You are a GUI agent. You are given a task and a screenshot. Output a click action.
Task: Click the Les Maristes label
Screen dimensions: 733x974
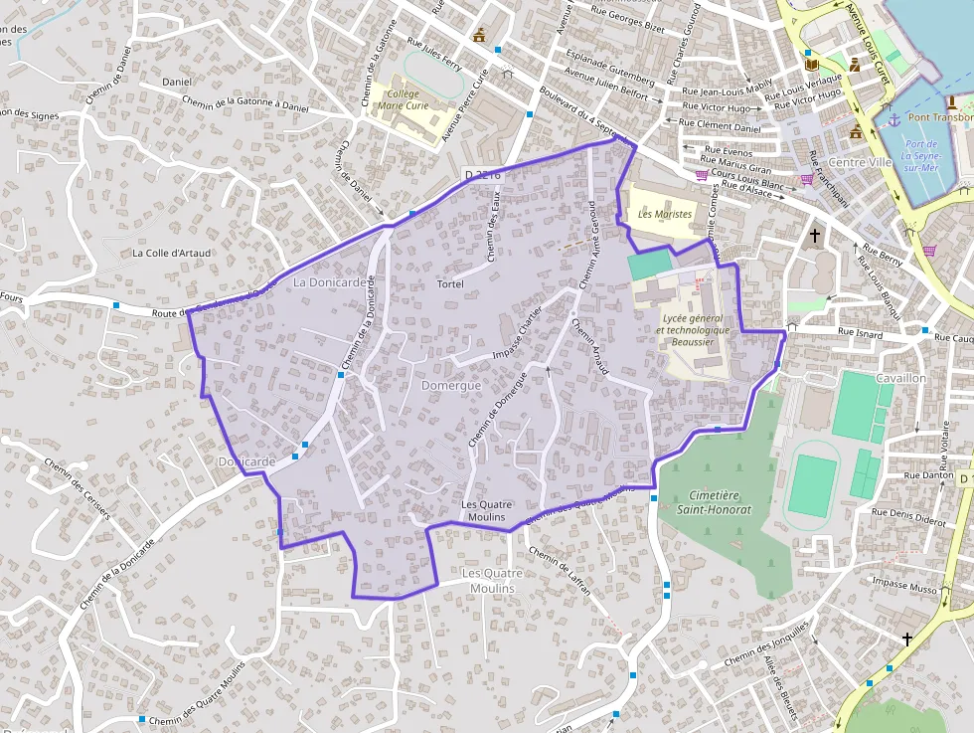tap(665, 214)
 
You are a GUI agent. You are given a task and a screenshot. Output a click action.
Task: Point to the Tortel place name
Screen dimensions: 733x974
tap(450, 284)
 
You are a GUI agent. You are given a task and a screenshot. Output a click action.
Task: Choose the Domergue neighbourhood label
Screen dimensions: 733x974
tap(451, 385)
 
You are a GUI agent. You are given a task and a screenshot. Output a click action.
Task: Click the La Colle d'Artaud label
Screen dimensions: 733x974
tap(172, 253)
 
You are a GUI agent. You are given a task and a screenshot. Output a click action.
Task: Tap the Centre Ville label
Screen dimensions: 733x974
tap(861, 162)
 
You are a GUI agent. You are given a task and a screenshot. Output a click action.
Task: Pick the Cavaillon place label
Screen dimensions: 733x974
tap(900, 379)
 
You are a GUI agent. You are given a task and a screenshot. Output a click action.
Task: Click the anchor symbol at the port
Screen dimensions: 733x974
tap(893, 119)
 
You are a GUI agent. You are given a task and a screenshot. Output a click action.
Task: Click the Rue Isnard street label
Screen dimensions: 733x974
tap(860, 334)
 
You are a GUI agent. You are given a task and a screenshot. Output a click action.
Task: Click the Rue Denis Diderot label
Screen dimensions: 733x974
tap(908, 517)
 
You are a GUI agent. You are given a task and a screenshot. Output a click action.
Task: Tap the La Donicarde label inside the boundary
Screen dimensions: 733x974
tap(330, 282)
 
